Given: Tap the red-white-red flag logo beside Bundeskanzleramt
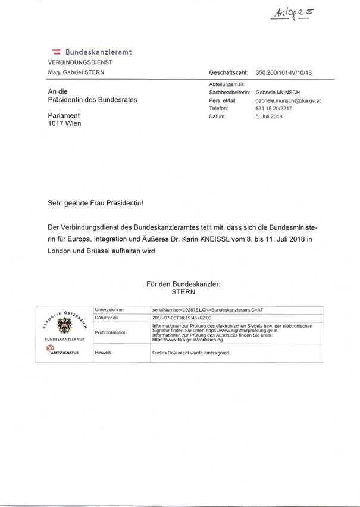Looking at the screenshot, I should coord(57,52).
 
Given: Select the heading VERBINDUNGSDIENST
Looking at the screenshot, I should coord(80,62).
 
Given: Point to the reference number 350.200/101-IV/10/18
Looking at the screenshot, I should coord(283,72).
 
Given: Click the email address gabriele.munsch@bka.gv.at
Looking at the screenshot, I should coord(288,101).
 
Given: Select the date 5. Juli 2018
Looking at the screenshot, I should coord(269,116).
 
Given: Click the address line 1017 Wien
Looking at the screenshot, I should coord(64,123).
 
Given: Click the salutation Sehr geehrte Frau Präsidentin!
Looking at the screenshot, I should coord(95,203).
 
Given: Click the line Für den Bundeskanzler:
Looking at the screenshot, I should coord(183,284).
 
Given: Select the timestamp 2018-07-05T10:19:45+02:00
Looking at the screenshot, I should coord(186,318).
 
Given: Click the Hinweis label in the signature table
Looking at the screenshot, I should coord(104,353).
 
